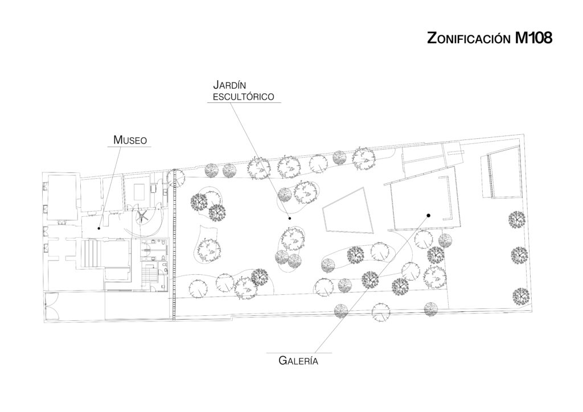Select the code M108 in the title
pyautogui.click(x=534, y=38)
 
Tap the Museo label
pyautogui.click(x=130, y=139)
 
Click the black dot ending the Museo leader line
pyautogui.click(x=99, y=228)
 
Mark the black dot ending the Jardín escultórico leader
pyautogui.click(x=290, y=218)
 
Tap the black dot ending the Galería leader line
pyautogui.click(x=428, y=215)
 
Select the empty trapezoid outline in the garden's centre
pyautogui.click(x=348, y=211)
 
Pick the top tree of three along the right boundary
pyautogui.click(x=516, y=219)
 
